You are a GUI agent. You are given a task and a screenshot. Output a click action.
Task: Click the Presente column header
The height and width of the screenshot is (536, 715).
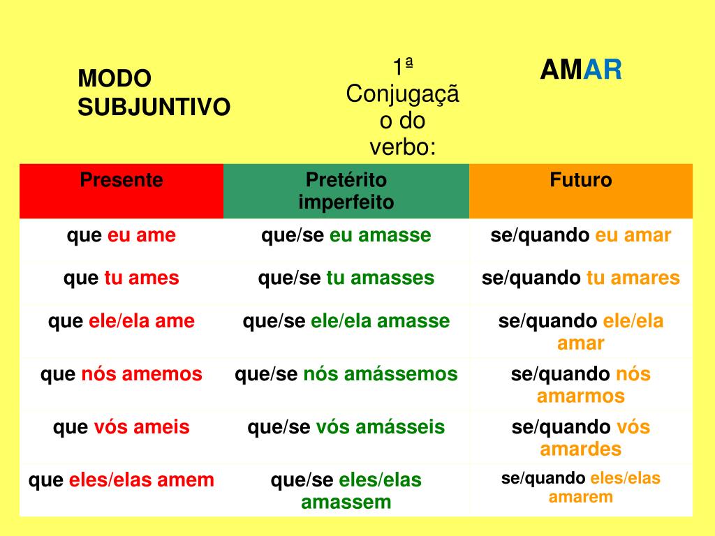pos(121,180)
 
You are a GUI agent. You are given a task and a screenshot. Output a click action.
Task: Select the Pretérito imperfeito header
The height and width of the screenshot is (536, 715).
pos(346,191)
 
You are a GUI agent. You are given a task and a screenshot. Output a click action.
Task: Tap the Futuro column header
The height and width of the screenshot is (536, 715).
pos(580,179)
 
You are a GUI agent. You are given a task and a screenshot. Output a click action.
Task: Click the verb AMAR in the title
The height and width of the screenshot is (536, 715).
pos(580,70)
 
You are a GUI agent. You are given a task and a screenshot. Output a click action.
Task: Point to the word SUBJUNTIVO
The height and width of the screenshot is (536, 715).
pos(154,107)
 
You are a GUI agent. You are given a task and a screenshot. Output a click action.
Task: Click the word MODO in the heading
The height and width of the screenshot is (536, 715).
pos(115,78)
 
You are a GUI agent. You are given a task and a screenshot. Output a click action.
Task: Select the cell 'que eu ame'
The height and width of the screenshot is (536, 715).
pos(121,236)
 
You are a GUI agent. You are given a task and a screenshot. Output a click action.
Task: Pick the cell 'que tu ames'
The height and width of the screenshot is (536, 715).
pos(121,278)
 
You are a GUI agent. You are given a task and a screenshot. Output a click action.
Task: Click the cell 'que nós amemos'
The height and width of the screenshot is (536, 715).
pos(121,374)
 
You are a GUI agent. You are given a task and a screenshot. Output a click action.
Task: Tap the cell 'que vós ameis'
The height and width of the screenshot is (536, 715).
pos(121,428)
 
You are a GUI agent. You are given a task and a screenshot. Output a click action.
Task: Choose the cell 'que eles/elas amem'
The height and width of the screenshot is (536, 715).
pos(121,480)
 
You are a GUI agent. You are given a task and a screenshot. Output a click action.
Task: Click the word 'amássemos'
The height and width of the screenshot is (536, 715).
pos(400,374)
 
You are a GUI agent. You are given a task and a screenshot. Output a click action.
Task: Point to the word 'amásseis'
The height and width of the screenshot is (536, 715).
pos(400,428)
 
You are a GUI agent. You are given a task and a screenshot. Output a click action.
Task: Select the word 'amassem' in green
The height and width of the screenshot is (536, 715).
pos(346,502)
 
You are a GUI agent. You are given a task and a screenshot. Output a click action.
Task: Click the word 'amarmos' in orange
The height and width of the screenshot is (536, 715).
pos(580,396)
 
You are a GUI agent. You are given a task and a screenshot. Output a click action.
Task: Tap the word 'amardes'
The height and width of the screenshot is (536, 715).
pos(580,449)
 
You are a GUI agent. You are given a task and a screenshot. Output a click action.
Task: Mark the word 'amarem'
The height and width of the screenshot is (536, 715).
pos(580,497)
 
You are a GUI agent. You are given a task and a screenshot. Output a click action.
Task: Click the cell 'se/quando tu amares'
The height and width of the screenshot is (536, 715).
pos(580,278)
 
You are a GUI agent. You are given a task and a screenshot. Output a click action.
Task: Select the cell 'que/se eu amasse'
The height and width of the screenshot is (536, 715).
pos(346,236)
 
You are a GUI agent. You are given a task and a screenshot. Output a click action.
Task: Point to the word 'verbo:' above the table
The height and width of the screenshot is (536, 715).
pos(403,147)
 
